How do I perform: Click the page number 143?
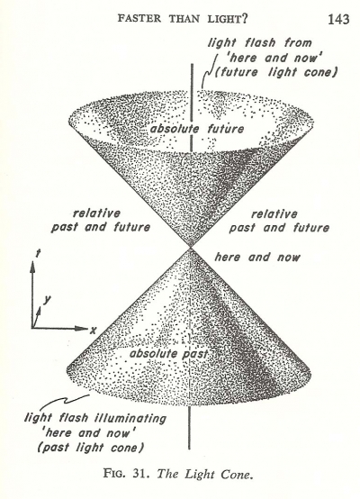(338, 20)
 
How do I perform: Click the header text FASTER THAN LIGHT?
(183, 19)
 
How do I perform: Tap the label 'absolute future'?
(197, 129)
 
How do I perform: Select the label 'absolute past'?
(169, 354)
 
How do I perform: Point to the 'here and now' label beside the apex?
(257, 257)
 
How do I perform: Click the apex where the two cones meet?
(190, 248)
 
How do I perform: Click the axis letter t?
(39, 254)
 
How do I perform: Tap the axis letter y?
(48, 299)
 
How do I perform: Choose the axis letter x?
(93, 331)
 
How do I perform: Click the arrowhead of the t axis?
(32, 267)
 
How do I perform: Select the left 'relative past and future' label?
(101, 220)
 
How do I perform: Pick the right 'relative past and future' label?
(279, 221)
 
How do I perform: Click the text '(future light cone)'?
(275, 72)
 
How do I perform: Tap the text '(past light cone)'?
(91, 447)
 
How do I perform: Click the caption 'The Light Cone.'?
(205, 474)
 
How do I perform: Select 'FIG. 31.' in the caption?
(126, 473)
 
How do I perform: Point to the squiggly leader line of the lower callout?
(64, 400)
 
